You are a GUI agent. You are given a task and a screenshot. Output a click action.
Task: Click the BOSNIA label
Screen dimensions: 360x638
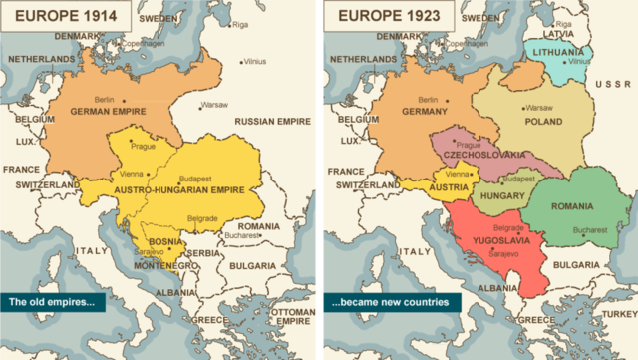tap(152, 241)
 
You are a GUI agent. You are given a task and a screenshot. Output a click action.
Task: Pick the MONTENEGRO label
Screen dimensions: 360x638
tap(158, 265)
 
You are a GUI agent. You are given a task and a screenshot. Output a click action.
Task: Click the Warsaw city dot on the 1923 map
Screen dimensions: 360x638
tap(522, 106)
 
